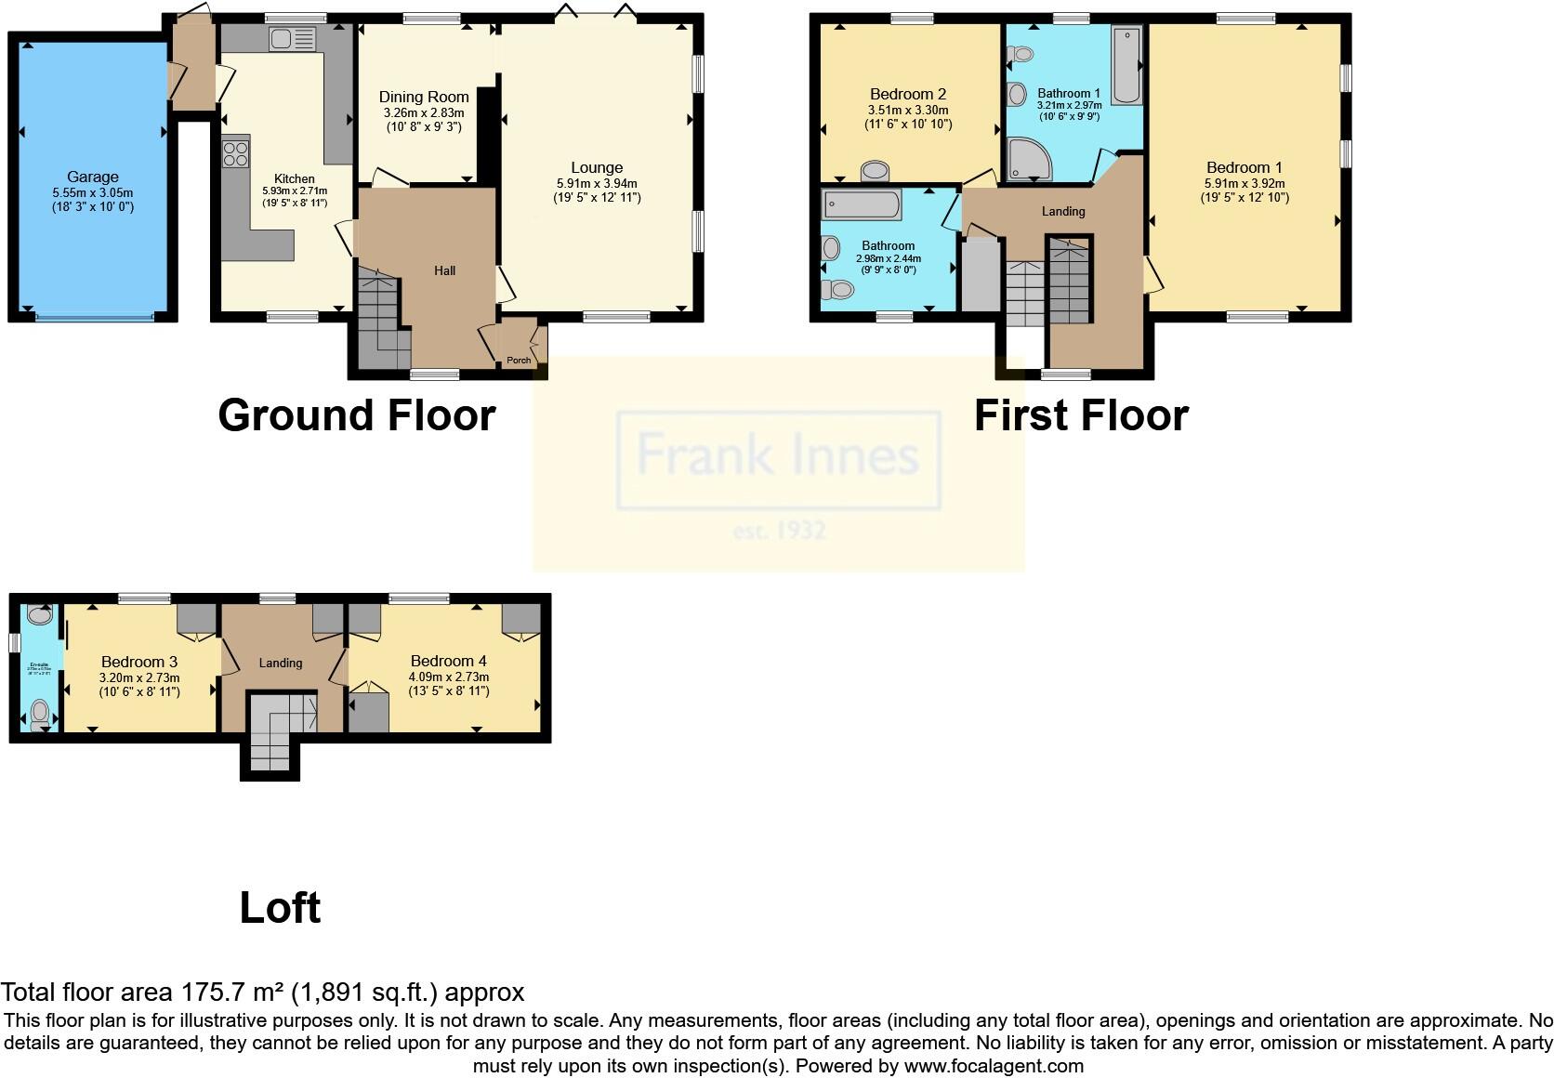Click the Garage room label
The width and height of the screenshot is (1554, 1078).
[x=93, y=177]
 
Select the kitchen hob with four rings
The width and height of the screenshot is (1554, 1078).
[x=236, y=152]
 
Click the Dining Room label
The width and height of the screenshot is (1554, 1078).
[x=424, y=97]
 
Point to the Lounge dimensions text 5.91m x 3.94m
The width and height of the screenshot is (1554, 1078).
[x=597, y=184]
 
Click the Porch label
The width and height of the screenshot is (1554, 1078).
[x=519, y=361]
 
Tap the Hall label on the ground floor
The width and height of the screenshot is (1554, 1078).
[x=444, y=270]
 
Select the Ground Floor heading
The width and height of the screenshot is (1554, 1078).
[x=356, y=415]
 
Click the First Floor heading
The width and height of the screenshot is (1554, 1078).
[x=1081, y=415]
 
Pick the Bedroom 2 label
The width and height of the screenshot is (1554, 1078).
[x=908, y=94]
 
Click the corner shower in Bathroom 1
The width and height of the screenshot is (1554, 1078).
[x=1028, y=159]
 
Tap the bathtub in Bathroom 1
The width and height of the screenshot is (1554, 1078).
[x=1127, y=65]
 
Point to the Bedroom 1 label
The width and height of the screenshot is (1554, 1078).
[x=1244, y=167]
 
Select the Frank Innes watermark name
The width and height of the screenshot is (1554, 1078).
[x=778, y=455]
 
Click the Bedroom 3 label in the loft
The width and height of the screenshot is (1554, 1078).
[x=139, y=662]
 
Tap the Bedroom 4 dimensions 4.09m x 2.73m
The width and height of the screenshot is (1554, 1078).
[x=449, y=677]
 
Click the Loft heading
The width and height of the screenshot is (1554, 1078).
[x=280, y=908]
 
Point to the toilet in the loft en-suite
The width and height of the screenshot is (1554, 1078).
[x=40, y=714]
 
